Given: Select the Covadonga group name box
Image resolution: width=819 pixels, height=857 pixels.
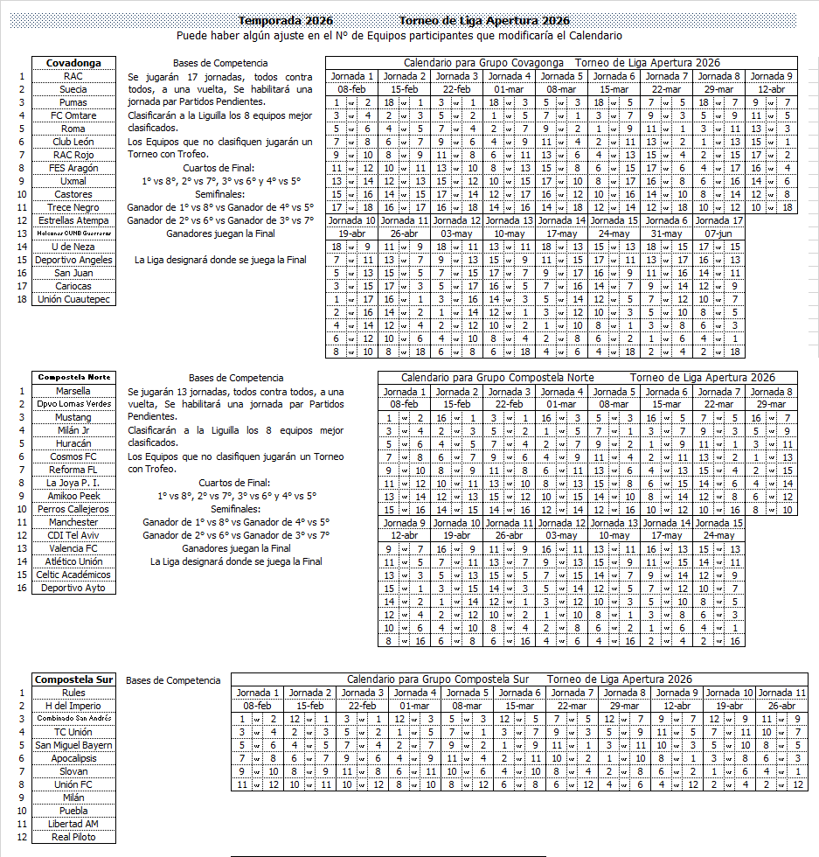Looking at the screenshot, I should click(73, 63).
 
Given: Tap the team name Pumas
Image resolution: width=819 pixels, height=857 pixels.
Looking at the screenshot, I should click(73, 102).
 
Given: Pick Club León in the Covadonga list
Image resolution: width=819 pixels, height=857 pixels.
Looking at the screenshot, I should click(73, 142).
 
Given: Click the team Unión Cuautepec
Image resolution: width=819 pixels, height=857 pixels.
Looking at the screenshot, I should click(73, 299).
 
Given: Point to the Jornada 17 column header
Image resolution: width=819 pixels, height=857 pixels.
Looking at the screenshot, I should click(719, 220).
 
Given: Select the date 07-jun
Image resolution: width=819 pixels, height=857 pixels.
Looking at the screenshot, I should click(719, 233).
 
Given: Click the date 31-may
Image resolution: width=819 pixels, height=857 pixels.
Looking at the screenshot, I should click(666, 233).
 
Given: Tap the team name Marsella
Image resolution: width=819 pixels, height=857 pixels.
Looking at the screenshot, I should click(73, 391).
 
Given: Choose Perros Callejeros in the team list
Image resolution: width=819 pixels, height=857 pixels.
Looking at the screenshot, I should click(73, 509).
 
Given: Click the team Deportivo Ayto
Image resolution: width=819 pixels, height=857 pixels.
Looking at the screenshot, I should click(73, 588).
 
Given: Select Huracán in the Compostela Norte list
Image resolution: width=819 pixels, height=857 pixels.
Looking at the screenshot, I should click(73, 443).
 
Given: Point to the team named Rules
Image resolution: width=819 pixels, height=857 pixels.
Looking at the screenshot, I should click(73, 693).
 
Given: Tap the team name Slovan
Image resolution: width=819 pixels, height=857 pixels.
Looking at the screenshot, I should click(73, 771).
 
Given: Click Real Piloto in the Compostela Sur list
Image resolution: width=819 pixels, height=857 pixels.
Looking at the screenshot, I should click(73, 837).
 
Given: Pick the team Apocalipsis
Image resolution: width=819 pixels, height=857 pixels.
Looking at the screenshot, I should click(73, 758).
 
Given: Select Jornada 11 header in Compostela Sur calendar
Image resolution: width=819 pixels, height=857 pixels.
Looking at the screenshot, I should click(781, 693).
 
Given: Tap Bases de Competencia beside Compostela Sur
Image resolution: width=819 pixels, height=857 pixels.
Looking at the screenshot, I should click(173, 679).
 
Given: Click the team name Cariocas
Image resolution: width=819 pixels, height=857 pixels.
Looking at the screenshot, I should click(73, 286).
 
